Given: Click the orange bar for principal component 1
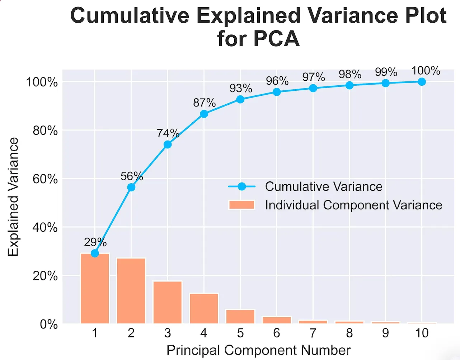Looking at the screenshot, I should point(95,289).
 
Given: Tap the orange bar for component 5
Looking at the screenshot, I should point(240,316).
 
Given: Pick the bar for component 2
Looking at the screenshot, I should point(131,291).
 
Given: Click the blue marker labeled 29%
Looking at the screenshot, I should point(95,253).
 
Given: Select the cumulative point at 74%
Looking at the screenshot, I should point(168,145).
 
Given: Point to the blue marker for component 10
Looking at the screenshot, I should point(422,82).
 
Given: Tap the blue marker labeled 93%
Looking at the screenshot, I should point(240,99).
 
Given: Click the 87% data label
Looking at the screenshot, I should point(204,103).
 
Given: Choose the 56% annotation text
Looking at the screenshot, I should point(131,176).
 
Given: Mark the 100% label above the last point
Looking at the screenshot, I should point(426,71).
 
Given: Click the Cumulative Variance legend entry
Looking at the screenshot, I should point(323,186).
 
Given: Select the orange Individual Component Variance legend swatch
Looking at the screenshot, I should point(241,205).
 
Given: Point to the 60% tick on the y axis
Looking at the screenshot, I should point(45,179).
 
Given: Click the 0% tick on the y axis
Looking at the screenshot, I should point(48,324).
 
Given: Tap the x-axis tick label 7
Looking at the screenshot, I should point(313,333).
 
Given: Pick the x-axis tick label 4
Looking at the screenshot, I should point(204,333).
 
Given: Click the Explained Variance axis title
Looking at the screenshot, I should point(13,197).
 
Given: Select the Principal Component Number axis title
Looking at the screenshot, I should point(258,350).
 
